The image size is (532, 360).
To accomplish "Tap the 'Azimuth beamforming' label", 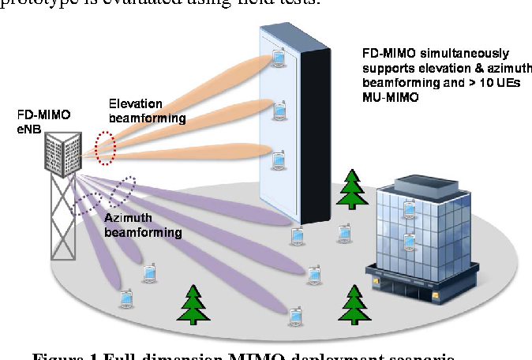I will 143,226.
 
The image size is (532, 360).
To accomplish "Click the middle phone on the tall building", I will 279,110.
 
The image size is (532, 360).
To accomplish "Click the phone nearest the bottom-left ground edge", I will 125,298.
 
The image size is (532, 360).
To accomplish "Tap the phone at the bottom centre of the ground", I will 294,314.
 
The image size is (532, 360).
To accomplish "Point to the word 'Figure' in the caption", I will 54,355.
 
